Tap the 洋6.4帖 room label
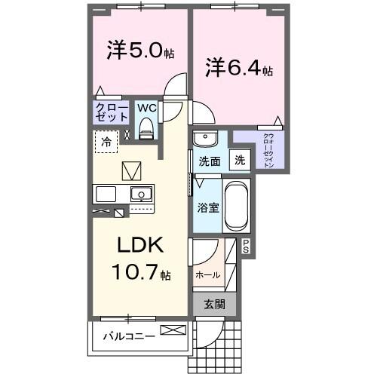pos(239,69)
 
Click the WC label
pos(146,108)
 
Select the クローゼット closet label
pos(111,113)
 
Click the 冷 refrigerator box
pos(106,140)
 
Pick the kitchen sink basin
pos(140,194)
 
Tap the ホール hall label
pos(207,275)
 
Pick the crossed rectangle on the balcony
pos(171,330)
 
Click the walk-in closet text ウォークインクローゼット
pos(268,149)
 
